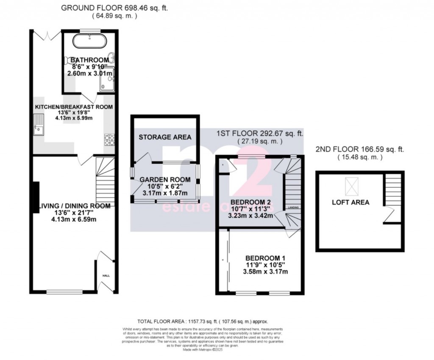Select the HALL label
click(106, 276)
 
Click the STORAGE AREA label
click(165, 137)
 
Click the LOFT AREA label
click(350, 202)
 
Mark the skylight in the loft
click(351, 185)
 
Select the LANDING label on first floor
click(293, 208)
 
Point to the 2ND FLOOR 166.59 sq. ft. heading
click(360, 149)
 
